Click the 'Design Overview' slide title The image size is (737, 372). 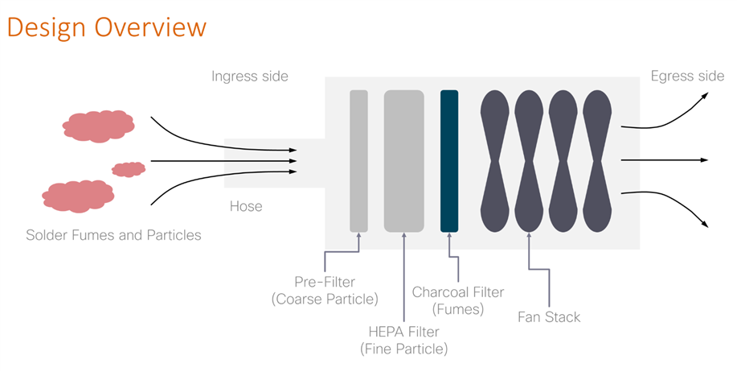[x=106, y=27]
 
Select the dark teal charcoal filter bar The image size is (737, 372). [x=449, y=161]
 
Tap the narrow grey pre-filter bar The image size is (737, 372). [x=358, y=161]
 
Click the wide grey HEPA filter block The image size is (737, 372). [x=403, y=161]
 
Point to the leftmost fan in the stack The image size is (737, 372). [x=494, y=161]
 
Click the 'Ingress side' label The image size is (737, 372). [x=249, y=76]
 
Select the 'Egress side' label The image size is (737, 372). [x=687, y=76]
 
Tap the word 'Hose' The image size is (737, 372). [x=246, y=206]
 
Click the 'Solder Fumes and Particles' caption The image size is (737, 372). [x=113, y=235]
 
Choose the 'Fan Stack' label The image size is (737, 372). [x=549, y=316]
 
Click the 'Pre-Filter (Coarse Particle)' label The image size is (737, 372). [x=325, y=291]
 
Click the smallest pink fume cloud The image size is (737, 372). [x=128, y=169]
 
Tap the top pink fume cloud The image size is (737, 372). [x=98, y=126]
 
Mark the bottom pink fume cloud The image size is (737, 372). [x=77, y=196]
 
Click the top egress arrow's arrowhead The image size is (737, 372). [x=704, y=95]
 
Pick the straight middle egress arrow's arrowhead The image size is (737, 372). [x=705, y=160]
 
